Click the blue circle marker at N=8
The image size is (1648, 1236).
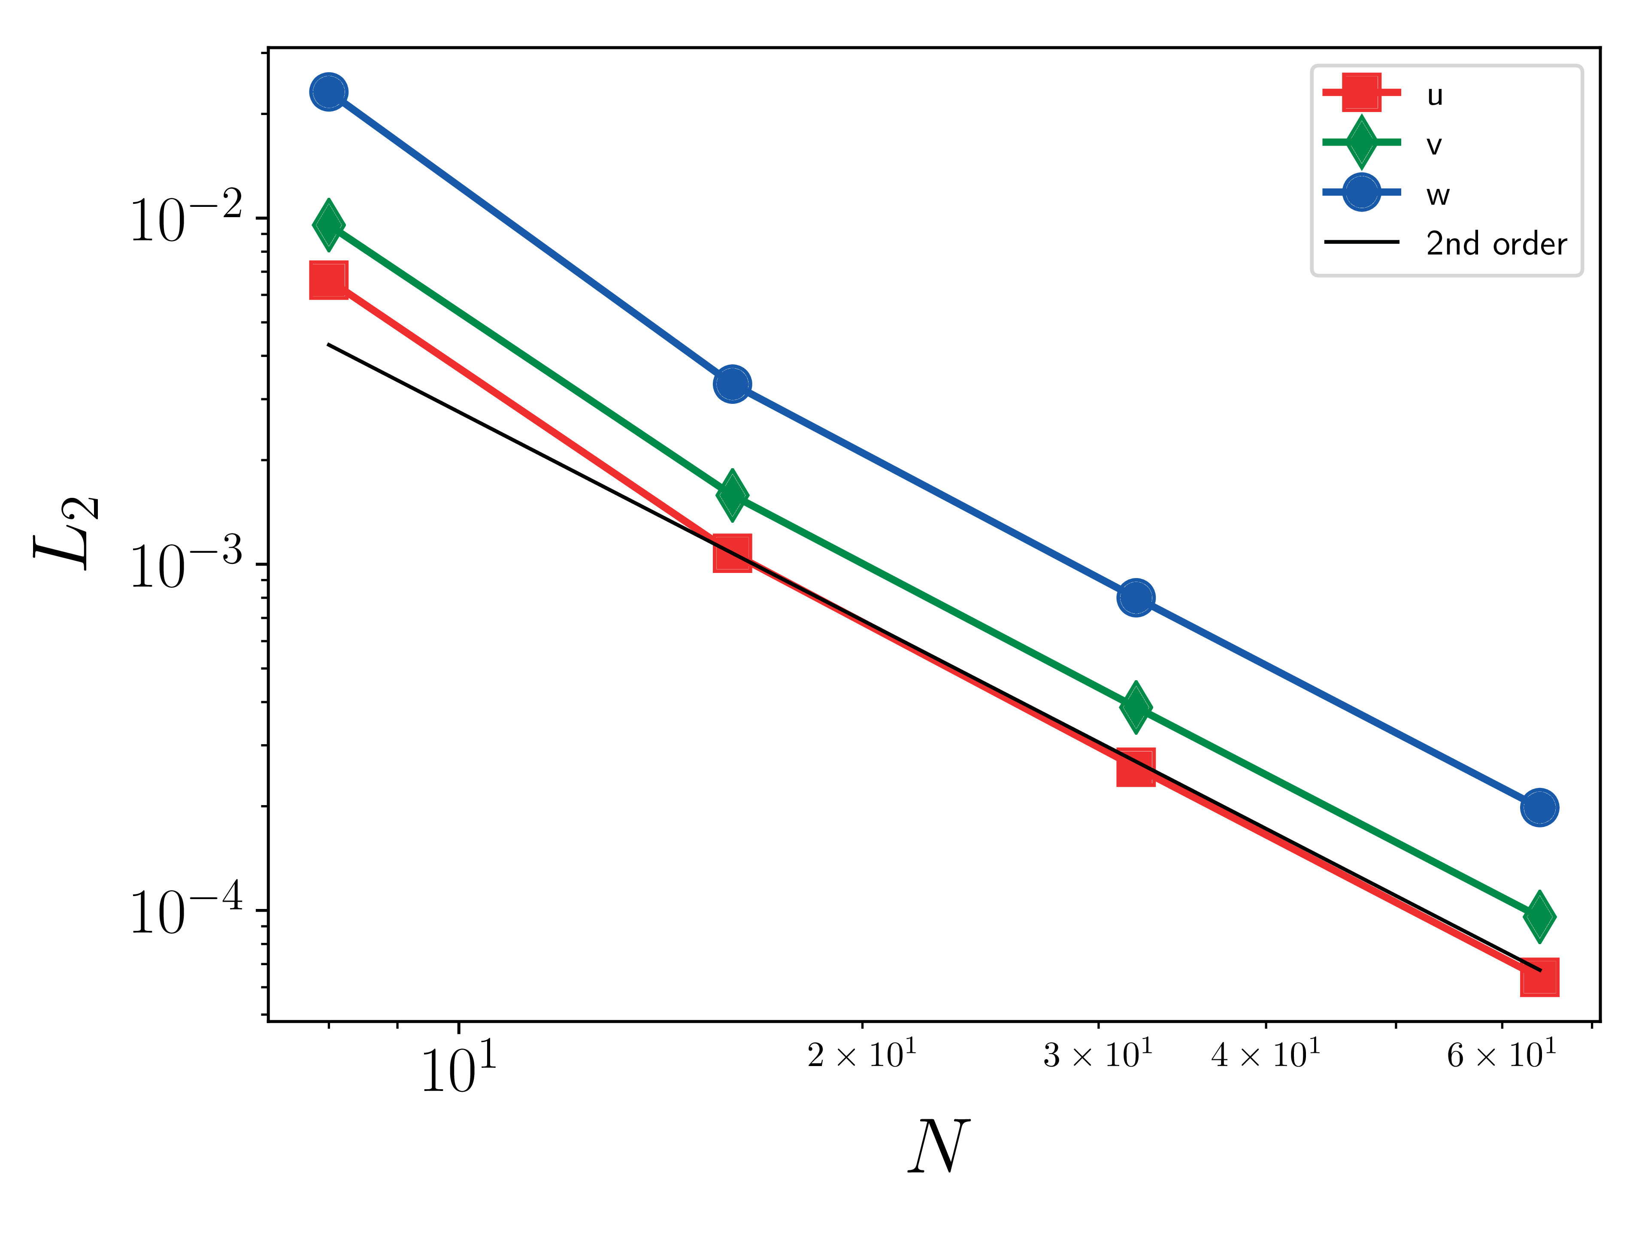(329, 92)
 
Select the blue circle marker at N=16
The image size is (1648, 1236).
(732, 385)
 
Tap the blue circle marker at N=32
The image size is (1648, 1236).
(1136, 597)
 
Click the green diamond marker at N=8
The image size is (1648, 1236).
(329, 224)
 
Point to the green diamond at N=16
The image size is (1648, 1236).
(732, 495)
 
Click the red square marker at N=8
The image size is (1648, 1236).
(329, 280)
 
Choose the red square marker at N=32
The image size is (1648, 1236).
(1136, 768)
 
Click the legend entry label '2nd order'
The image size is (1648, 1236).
(1496, 244)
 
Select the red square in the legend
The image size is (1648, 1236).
(1362, 92)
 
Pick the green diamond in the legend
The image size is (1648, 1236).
(1362, 142)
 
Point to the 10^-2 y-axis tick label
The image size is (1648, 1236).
(186, 219)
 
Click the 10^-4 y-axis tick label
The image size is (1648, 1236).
(186, 910)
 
